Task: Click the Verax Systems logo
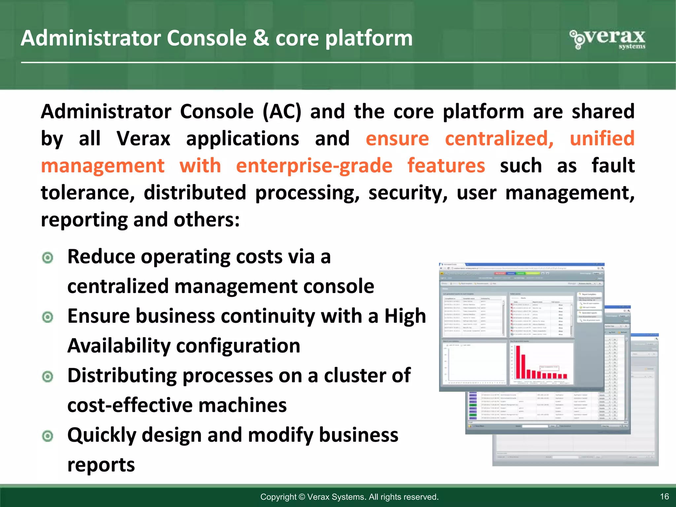pos(608,39)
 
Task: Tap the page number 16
pos(664,496)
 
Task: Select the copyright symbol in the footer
pos(302,497)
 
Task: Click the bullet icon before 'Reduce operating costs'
pos(48,257)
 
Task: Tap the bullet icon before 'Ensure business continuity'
pos(48,317)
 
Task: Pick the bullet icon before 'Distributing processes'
pos(48,377)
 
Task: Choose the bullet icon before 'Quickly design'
pos(48,436)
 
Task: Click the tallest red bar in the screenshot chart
pos(518,362)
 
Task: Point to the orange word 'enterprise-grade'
pos(314,165)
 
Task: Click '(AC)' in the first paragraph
pos(282,111)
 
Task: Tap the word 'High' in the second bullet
pos(405,316)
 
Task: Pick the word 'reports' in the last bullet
pos(101,465)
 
